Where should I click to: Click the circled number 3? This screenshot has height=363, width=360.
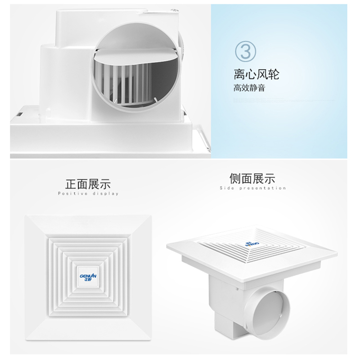coord(245,52)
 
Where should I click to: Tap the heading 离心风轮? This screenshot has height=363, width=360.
coord(256,74)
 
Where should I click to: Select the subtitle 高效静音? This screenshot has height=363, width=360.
coord(249,88)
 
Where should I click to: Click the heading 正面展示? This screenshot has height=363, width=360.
coord(88,184)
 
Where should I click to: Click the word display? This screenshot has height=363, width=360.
coord(106,194)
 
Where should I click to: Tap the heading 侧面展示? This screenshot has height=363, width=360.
coord(252,179)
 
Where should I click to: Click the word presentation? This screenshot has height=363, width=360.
coord(263,188)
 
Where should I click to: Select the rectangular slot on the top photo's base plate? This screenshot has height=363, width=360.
coord(20,114)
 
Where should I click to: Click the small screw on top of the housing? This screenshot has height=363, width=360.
coord(173,10)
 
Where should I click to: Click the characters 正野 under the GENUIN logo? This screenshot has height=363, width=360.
coord(88,279)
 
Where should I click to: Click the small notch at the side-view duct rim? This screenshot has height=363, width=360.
coord(281,315)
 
